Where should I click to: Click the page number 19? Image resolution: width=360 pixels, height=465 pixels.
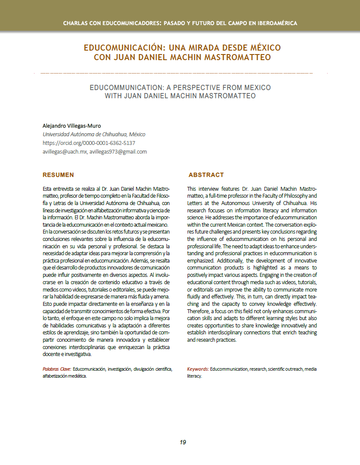click(183, 442)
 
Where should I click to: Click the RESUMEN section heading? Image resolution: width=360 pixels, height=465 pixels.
click(58, 175)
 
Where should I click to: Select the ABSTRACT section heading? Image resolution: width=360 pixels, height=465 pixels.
click(206, 175)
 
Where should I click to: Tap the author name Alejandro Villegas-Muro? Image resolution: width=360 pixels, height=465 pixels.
click(72, 126)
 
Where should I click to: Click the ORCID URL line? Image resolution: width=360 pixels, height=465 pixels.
click(89, 143)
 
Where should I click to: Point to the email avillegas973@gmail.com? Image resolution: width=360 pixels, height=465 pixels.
click(118, 151)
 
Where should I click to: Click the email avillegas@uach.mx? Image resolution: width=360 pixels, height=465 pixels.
click(65, 151)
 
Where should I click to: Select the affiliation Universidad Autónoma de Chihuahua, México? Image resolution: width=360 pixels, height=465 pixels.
click(94, 134)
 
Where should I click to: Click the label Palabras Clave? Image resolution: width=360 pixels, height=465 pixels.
click(57, 369)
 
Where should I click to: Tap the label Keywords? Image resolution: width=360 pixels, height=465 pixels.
click(198, 369)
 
